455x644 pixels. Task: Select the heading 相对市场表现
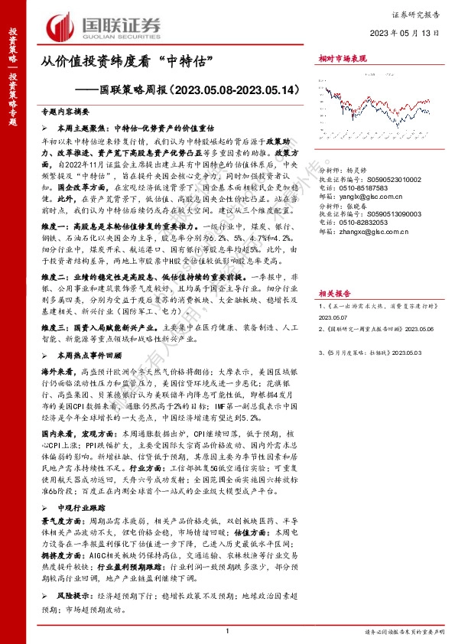click(x=341, y=58)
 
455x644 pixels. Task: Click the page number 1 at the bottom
click(x=227, y=629)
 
